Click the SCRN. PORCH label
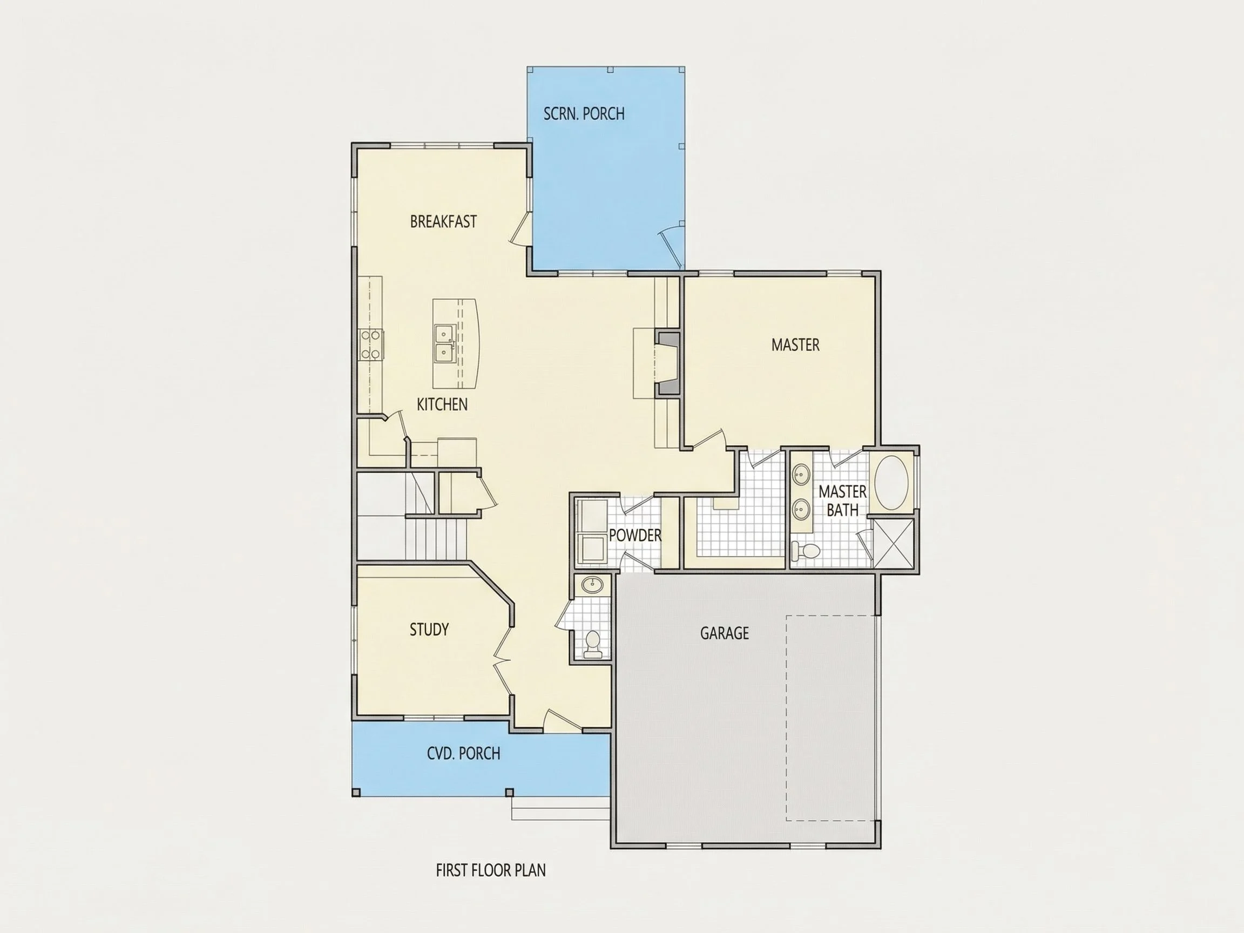[x=584, y=113]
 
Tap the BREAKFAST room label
[x=443, y=221]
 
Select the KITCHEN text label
[x=442, y=404]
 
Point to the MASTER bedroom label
[x=795, y=344]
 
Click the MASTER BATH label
[x=842, y=501]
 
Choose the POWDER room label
[x=635, y=536]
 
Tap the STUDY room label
[x=429, y=630]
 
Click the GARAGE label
[x=725, y=633]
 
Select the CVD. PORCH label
[x=463, y=753]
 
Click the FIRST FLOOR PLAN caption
[x=491, y=870]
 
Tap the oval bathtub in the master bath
[x=891, y=483]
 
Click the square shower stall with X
[x=893, y=543]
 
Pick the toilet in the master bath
[x=806, y=551]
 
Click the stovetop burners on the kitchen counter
[x=370, y=344]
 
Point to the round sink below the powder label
[x=592, y=585]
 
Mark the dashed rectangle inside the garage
[x=830, y=718]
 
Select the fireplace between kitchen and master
[x=668, y=363]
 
